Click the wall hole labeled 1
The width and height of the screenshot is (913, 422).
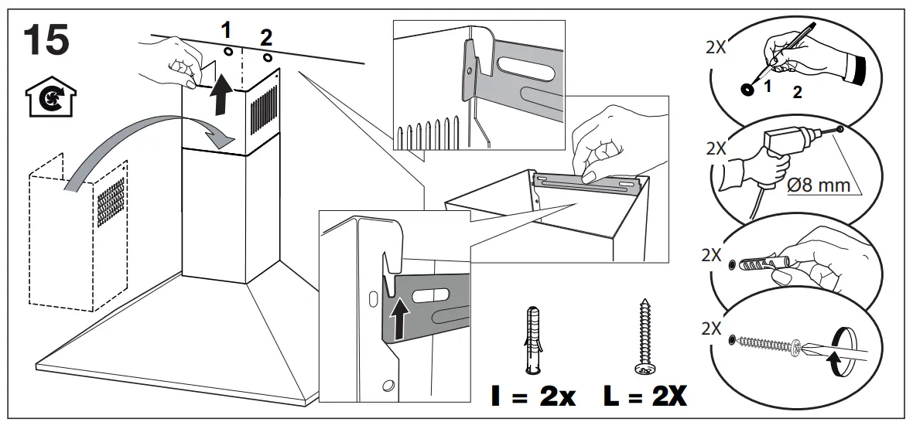point(229,51)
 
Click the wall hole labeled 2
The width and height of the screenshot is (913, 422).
point(267,58)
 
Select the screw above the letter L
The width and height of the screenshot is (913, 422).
point(643,337)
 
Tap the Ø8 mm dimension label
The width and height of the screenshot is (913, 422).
point(819,185)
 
